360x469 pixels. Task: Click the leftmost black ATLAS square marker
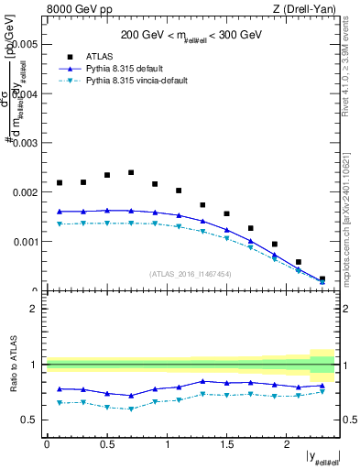click(60, 182)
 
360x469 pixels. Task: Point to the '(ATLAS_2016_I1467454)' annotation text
click(191, 274)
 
